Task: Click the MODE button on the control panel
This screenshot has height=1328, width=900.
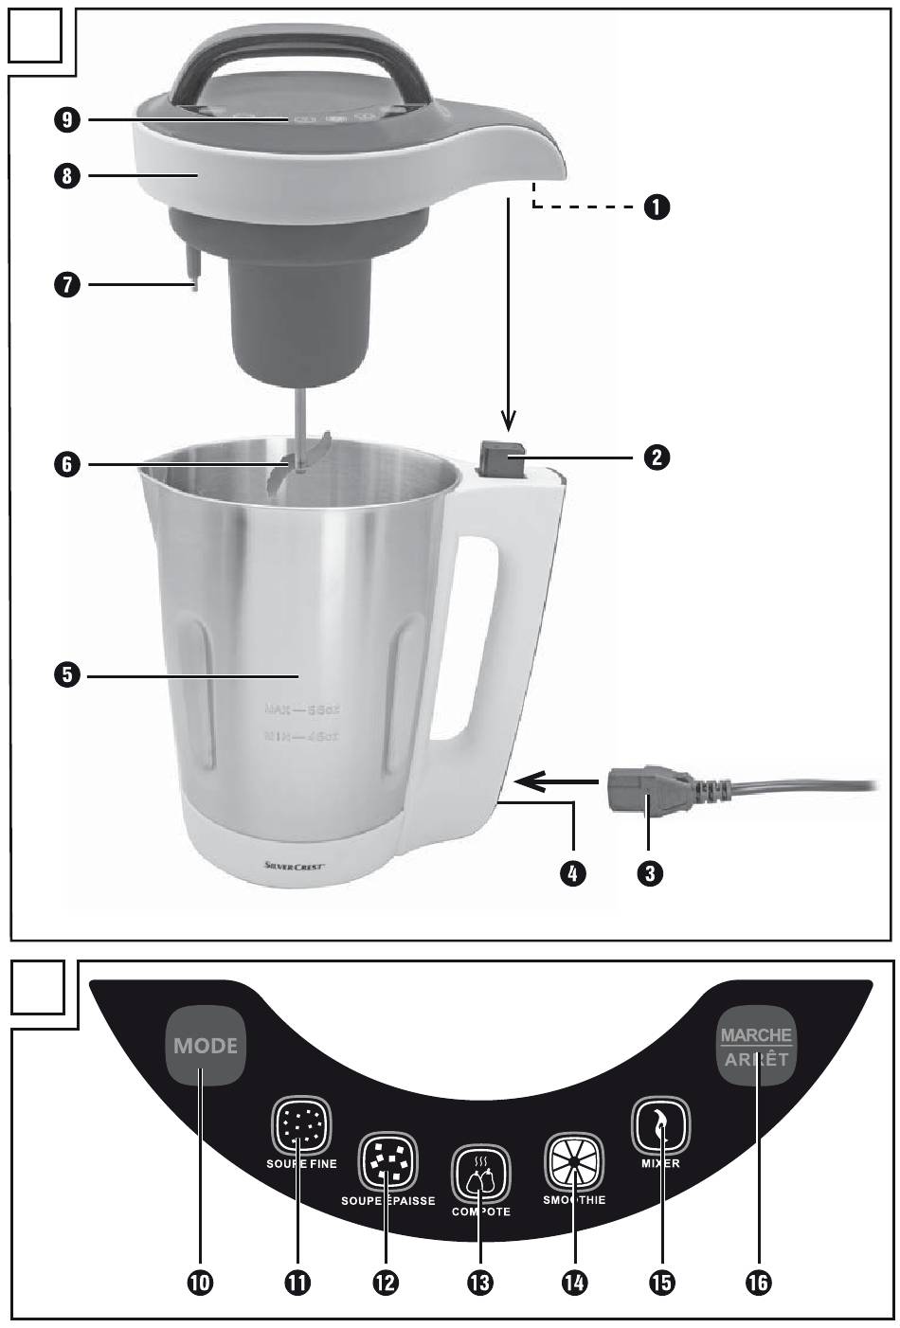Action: pos(205,1047)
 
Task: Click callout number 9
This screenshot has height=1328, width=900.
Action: pos(68,119)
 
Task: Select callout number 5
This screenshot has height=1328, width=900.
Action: pos(68,675)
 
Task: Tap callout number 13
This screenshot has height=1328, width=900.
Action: pos(480,1283)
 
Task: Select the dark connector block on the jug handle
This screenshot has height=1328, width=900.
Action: pos(502,458)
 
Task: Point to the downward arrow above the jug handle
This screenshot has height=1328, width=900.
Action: pos(509,313)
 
